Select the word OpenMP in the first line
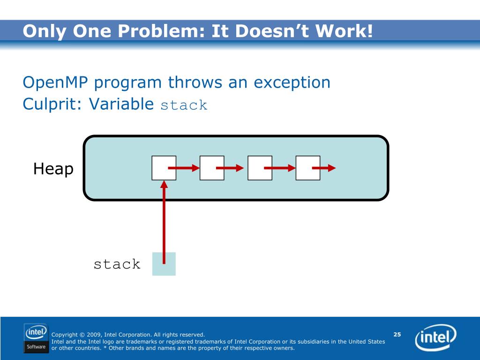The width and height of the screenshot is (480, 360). click(x=55, y=82)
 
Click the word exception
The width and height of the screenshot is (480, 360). click(x=292, y=82)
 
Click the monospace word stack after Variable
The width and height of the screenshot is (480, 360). click(x=184, y=105)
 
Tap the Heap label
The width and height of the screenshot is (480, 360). click(x=53, y=169)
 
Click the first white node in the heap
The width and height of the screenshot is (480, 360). click(x=164, y=168)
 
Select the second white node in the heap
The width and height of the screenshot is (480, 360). click(x=212, y=168)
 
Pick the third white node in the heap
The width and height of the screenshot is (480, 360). click(x=260, y=168)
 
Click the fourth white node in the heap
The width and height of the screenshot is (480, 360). click(x=308, y=168)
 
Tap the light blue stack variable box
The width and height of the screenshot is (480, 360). click(x=164, y=264)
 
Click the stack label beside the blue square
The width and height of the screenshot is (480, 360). click(x=117, y=264)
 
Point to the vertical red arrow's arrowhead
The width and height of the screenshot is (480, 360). click(x=164, y=184)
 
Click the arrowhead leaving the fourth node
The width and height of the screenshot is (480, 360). click(x=332, y=168)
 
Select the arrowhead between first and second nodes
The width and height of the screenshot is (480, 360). click(x=195, y=168)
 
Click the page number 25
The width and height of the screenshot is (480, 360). click(x=397, y=334)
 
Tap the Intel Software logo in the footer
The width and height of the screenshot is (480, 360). click(x=36, y=338)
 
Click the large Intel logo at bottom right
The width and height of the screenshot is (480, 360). click(x=435, y=337)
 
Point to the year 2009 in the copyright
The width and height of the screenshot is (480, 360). click(x=94, y=335)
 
